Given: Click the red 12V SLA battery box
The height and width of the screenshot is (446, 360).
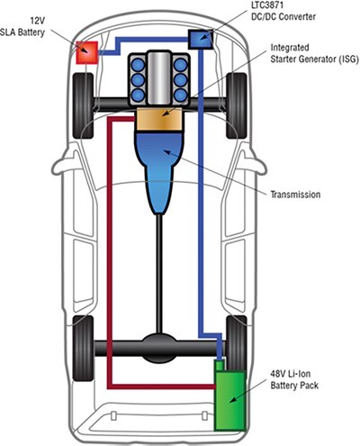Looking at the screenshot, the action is [x=86, y=52].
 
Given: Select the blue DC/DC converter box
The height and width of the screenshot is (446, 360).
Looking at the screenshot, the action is [x=201, y=39].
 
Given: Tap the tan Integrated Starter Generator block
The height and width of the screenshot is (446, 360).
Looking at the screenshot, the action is [x=159, y=119].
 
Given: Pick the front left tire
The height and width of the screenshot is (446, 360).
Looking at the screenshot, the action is [x=83, y=105].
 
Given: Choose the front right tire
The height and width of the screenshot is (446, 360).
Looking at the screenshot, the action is [x=237, y=105].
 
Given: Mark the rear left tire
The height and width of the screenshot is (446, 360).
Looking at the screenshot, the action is [x=83, y=349].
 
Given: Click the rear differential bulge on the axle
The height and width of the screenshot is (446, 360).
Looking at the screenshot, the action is [x=159, y=348].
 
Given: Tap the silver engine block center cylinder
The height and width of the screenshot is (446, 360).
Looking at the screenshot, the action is [x=159, y=78].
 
